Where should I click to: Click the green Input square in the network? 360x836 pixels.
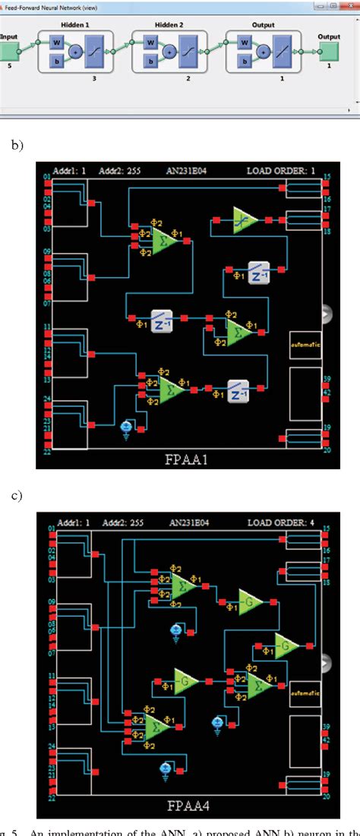point(9,52)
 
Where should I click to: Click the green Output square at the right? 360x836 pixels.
point(329,52)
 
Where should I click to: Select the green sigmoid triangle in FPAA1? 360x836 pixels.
point(245,219)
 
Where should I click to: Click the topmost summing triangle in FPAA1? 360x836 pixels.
point(163,241)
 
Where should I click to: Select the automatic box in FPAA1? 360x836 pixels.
point(305,344)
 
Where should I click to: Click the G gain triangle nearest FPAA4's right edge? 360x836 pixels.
point(287,645)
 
